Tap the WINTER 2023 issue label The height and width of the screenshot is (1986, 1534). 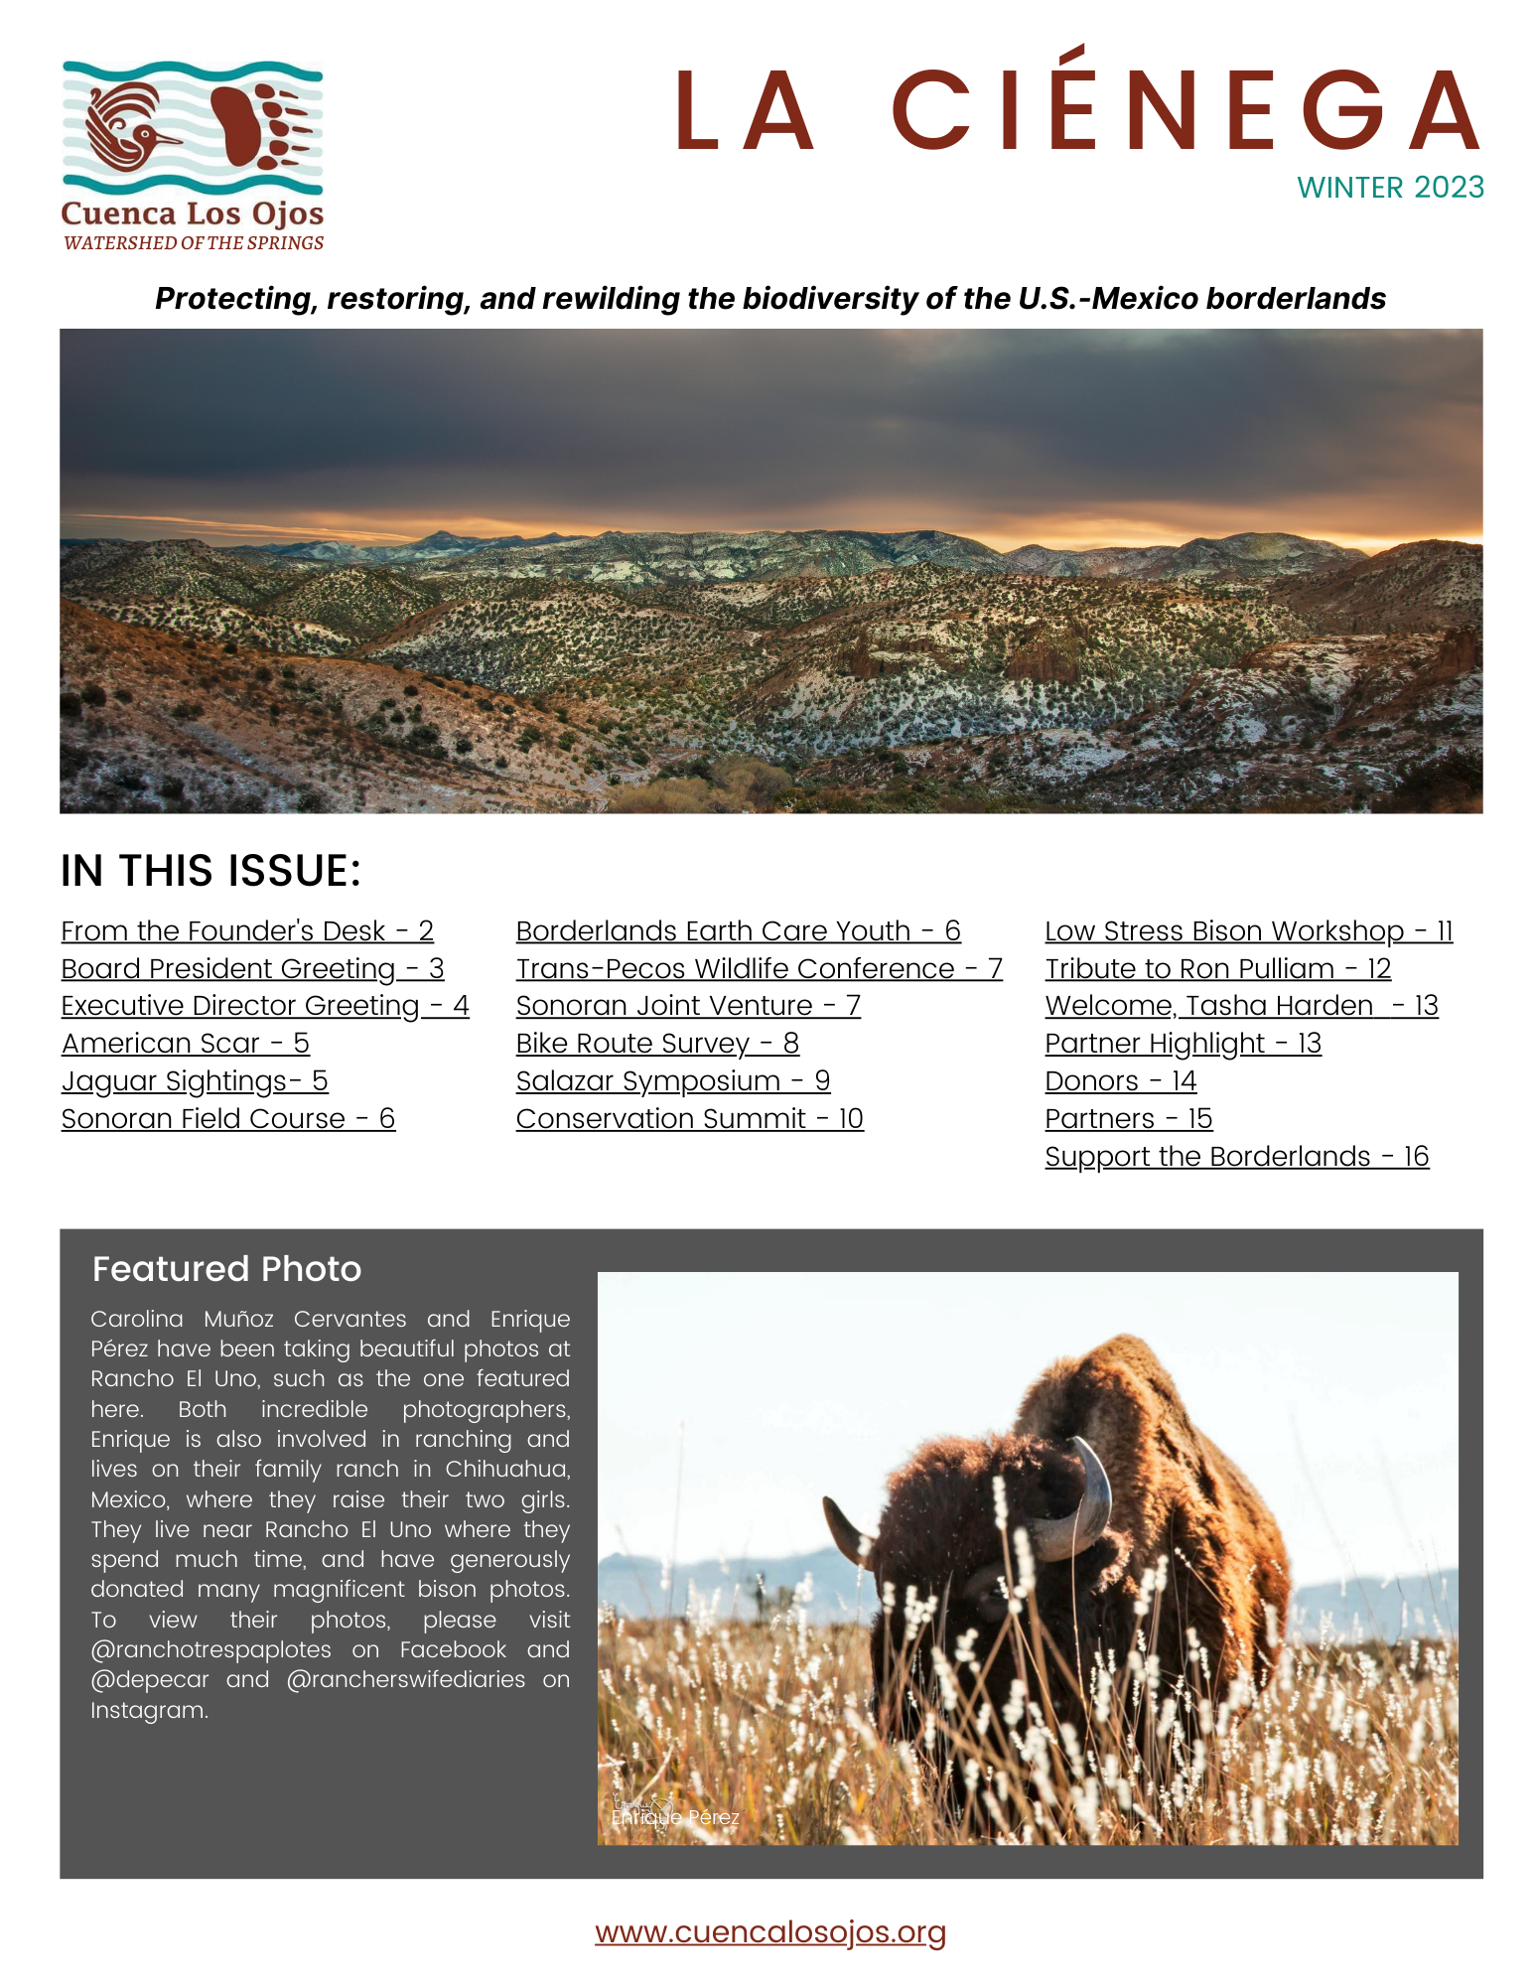(1389, 188)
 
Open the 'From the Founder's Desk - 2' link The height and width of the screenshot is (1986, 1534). (247, 931)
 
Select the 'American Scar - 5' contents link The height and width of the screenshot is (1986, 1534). (186, 1044)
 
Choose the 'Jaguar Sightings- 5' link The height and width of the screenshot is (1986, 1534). (195, 1081)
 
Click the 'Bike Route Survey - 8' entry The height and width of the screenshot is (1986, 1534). (657, 1044)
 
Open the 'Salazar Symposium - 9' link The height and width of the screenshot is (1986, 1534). (672, 1081)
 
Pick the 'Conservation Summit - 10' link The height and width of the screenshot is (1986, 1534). (689, 1119)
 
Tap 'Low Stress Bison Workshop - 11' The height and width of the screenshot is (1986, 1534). (1248, 931)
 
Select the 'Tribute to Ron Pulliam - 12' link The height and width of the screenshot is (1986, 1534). (1217, 969)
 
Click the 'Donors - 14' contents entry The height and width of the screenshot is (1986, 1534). (1120, 1081)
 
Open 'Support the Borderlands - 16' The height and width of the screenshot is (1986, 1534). (1236, 1157)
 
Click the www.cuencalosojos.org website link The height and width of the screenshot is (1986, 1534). (769, 1932)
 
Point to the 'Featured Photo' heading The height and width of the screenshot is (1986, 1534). (226, 1269)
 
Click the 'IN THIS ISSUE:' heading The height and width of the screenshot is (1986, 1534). (210, 871)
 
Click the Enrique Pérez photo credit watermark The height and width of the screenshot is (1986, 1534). (675, 1817)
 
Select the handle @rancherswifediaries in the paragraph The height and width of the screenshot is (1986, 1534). (406, 1679)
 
